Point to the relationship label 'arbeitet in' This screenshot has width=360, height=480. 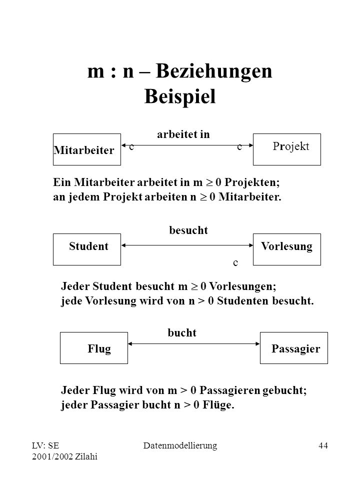click(x=183, y=134)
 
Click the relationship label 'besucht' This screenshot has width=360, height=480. click(x=188, y=230)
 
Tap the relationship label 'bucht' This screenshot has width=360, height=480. click(x=182, y=333)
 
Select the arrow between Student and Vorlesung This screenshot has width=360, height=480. click(x=187, y=245)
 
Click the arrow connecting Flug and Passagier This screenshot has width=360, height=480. click(x=194, y=344)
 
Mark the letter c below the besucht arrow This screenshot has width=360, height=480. click(x=235, y=263)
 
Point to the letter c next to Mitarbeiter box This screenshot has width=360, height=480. click(x=131, y=147)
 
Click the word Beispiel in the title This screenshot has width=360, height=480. click(x=180, y=96)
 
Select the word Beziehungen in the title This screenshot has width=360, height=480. click(x=214, y=71)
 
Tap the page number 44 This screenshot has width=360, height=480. click(x=323, y=445)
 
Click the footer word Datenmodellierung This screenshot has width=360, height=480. click(x=180, y=445)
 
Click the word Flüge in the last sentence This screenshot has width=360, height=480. click(x=218, y=404)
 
